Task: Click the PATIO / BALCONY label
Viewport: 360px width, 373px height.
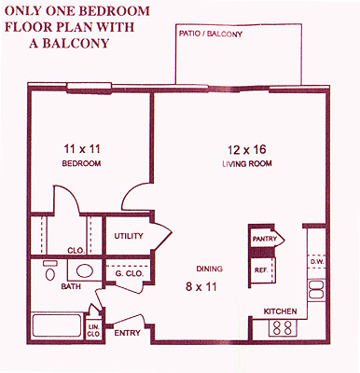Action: (211, 34)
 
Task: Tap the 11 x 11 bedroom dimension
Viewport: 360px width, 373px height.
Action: (82, 149)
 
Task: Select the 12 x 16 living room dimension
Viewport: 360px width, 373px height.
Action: (247, 150)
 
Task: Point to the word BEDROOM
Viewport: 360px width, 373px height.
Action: (81, 163)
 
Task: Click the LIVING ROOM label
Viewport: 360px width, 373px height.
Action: (247, 163)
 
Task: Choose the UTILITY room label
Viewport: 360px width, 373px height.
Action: (129, 236)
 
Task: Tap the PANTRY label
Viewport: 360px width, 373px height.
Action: (264, 239)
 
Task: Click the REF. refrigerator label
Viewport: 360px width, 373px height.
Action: (261, 270)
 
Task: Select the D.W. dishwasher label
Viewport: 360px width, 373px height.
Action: (317, 262)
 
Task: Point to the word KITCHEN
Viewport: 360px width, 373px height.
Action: (280, 311)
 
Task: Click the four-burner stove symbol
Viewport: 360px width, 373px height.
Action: (283, 328)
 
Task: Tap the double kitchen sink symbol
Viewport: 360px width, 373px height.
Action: (316, 290)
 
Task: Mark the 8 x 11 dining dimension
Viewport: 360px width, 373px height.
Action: (201, 286)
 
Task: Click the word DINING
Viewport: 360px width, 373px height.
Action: (210, 269)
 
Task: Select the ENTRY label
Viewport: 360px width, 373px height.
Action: (127, 333)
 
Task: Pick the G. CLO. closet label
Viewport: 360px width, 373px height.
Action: (129, 274)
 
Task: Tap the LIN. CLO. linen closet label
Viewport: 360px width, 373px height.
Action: (94, 331)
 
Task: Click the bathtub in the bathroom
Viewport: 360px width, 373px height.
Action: (57, 325)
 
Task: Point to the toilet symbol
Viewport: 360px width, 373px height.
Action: (49, 270)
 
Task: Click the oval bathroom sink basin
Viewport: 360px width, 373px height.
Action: (85, 270)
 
